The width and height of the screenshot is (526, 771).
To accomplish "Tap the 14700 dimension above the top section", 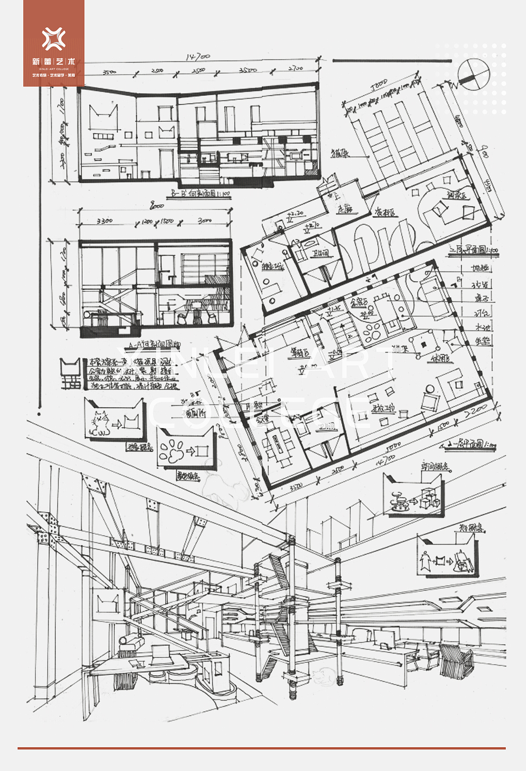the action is click(x=197, y=57).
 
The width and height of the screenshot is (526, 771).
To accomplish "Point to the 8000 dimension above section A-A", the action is click(x=157, y=206).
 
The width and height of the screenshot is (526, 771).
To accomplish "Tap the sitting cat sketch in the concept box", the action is click(x=101, y=424).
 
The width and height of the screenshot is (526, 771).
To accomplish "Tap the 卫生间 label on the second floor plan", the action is click(x=320, y=254).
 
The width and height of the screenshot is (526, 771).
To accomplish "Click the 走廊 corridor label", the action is click(x=344, y=208).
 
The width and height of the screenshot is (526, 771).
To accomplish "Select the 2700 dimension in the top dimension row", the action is click(x=296, y=68).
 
